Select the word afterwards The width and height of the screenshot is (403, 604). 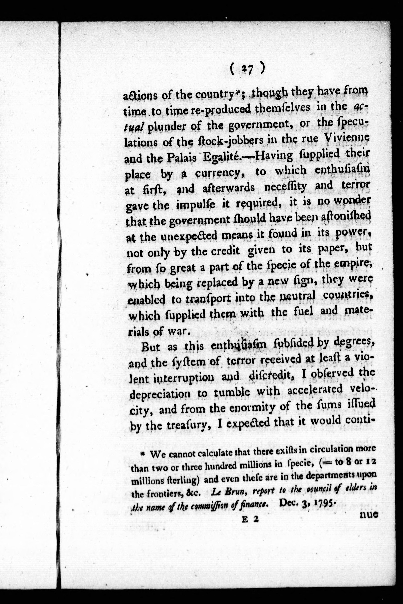click(229, 188)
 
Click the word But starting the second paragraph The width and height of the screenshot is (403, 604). click(151, 347)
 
